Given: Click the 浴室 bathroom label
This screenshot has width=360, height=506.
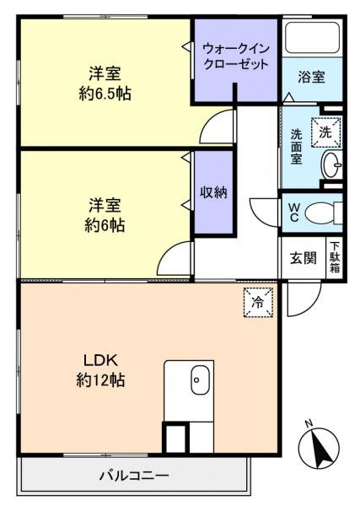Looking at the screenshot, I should coord(312,77).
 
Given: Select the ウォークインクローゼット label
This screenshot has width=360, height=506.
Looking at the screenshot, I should coord(236,57).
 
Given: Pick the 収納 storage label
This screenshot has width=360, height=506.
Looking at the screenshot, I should coord(213,192).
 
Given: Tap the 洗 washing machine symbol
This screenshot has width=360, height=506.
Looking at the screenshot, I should coord(325,131).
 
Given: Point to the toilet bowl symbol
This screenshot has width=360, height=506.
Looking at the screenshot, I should coord(323,212).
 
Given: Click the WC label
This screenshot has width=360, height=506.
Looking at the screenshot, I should coord(294,212).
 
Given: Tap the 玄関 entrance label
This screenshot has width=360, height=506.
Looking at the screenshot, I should coord(304,258).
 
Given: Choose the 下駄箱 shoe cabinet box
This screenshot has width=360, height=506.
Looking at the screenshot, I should coord(335,256).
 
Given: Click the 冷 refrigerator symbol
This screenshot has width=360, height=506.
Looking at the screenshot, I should coord(257,302).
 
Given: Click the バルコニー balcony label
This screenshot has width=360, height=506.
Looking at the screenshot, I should coord(134,476).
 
